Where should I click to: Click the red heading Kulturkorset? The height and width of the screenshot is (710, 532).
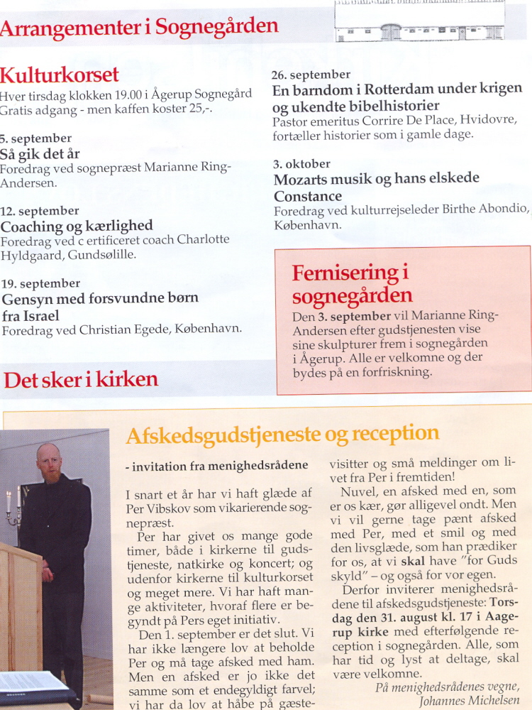(x=60, y=75)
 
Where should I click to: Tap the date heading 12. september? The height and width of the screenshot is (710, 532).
(x=40, y=211)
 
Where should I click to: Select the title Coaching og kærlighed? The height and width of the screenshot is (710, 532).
(x=77, y=226)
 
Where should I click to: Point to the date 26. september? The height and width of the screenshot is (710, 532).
(x=311, y=75)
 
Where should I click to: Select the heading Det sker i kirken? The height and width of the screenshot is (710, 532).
(x=81, y=379)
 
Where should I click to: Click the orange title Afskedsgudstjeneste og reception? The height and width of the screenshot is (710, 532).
(x=282, y=435)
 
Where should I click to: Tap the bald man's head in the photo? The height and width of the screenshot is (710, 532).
(x=49, y=462)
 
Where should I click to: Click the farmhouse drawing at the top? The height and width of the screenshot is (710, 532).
(x=420, y=21)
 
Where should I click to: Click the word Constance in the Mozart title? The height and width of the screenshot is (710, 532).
(x=308, y=196)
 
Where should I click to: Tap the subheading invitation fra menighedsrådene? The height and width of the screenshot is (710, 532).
(x=216, y=466)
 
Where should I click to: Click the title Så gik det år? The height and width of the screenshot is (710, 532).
(x=40, y=153)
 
